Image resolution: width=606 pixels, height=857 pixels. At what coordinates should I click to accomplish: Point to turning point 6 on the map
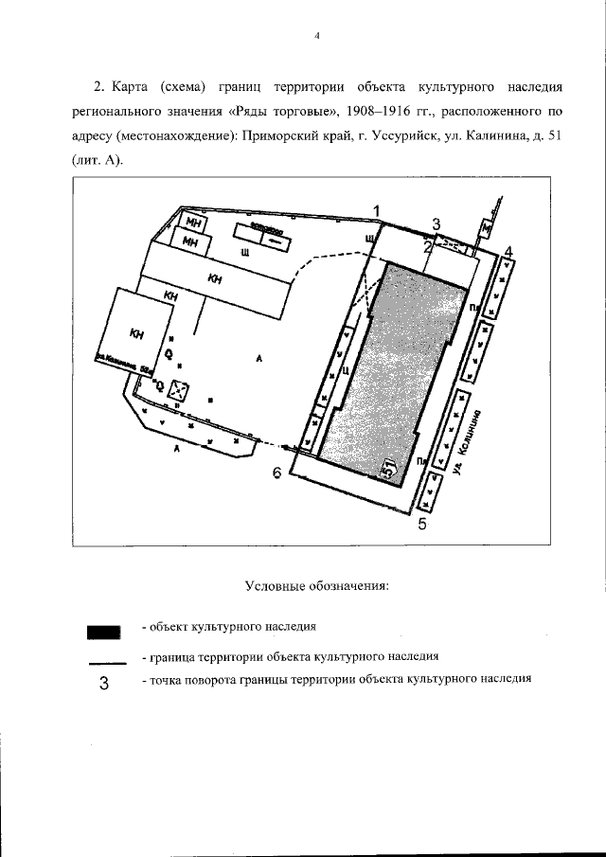pyautogui.click(x=277, y=473)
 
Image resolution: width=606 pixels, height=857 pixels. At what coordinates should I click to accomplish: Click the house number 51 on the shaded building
pyautogui.click(x=388, y=466)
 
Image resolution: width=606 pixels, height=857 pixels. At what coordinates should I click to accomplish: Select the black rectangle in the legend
pyautogui.click(x=104, y=631)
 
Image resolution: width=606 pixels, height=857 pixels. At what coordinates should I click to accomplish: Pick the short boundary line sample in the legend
pyautogui.click(x=104, y=662)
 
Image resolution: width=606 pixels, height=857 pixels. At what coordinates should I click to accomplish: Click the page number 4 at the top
pyautogui.click(x=318, y=36)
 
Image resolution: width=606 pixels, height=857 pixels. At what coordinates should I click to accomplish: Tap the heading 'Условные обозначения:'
pyautogui.click(x=317, y=585)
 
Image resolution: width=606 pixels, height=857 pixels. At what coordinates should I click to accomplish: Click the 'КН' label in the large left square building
pyautogui.click(x=137, y=332)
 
